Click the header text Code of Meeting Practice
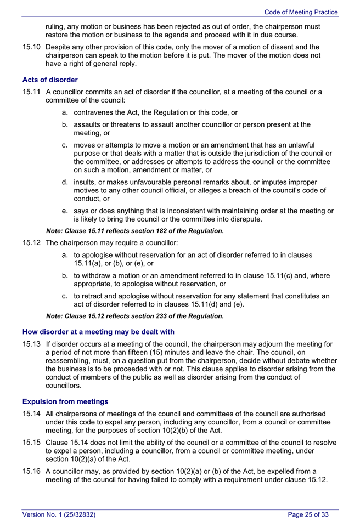[301, 12]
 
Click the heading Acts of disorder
[50, 80]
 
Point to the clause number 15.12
[31, 243]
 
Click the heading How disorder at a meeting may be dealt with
[98, 332]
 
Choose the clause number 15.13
[31, 344]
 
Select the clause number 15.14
[31, 414]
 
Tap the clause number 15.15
[31, 443]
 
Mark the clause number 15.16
[31, 471]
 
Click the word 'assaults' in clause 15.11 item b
[89, 124]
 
